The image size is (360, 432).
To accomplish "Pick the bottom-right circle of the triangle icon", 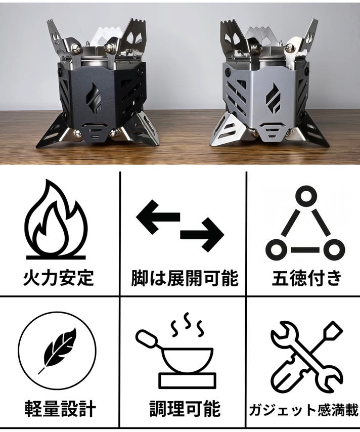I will point(334,249).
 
